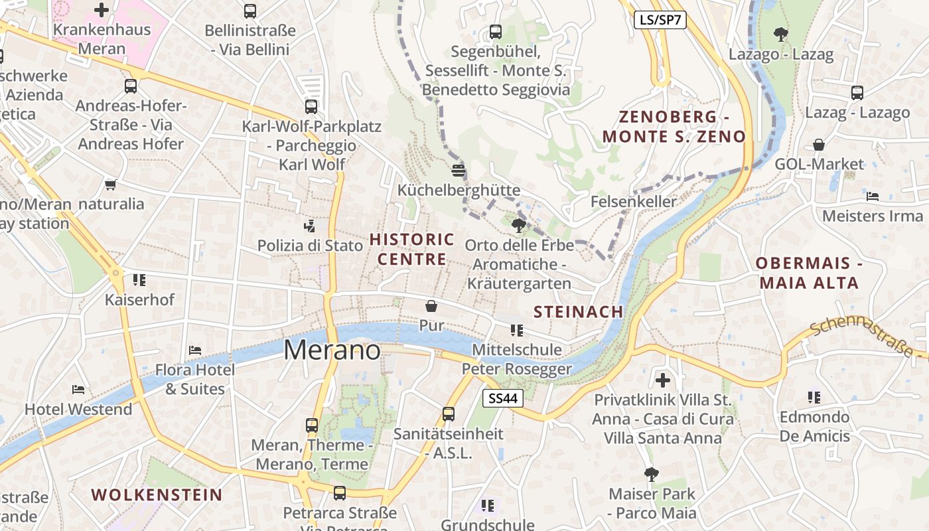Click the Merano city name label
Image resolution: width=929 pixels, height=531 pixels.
point(332,350)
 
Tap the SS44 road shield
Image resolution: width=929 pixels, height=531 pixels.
point(502,398)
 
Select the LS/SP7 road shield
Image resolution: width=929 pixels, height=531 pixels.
point(659,20)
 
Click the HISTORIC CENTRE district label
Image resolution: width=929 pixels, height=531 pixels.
point(411,249)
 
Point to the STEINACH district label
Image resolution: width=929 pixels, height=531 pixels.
point(579,311)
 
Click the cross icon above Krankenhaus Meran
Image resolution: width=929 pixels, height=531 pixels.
point(102,10)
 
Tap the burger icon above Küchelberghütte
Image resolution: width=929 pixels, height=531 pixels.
point(458,171)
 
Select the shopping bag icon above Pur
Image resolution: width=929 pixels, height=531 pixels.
point(431,306)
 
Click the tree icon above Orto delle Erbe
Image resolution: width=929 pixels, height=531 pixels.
point(519,226)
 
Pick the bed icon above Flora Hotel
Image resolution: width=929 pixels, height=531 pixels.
point(194,350)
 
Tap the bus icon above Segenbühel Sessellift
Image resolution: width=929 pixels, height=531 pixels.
point(495,31)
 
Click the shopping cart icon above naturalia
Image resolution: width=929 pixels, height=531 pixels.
point(111,184)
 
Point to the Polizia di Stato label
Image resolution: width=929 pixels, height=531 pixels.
point(311,246)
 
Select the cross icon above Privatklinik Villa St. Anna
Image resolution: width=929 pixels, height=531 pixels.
point(662,380)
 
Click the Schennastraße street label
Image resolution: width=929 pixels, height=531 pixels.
point(861,336)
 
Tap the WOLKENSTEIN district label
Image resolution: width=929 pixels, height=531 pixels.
point(157,494)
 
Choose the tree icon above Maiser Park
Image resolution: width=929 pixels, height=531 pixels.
point(652,474)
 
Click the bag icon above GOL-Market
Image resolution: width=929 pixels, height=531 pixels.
point(820,145)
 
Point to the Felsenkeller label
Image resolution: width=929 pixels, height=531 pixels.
point(634,201)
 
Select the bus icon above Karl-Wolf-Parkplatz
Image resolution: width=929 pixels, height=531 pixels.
point(311,106)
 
